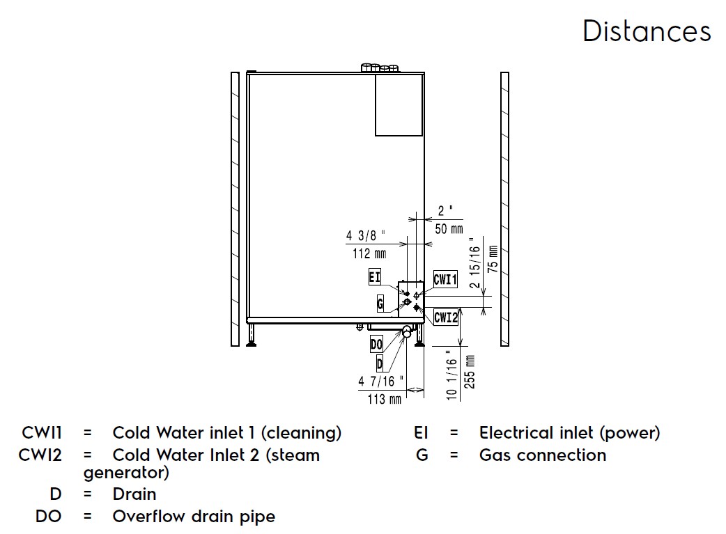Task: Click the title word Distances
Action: tap(647, 32)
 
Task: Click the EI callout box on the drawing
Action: tap(375, 277)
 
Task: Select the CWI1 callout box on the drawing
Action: tap(445, 279)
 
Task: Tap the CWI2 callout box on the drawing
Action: tap(446, 317)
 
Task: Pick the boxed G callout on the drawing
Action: tap(380, 304)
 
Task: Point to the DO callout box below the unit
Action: tap(376, 344)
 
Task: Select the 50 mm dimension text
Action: tap(449, 229)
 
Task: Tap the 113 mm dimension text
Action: tap(385, 400)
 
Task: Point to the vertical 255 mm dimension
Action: tap(470, 371)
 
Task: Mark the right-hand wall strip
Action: tap(504, 209)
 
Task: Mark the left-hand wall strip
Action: tap(235, 209)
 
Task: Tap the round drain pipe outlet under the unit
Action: tap(406, 333)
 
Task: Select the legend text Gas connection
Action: tap(543, 455)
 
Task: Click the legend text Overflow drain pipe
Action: tap(194, 517)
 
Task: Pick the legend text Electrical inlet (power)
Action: tap(569, 433)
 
